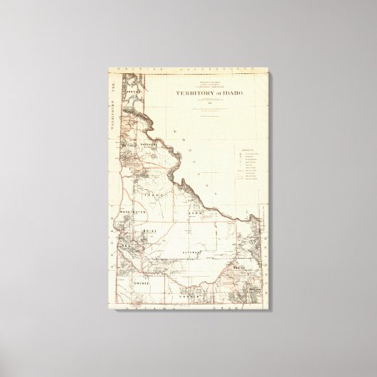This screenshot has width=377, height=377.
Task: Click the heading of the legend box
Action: (247, 151)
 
